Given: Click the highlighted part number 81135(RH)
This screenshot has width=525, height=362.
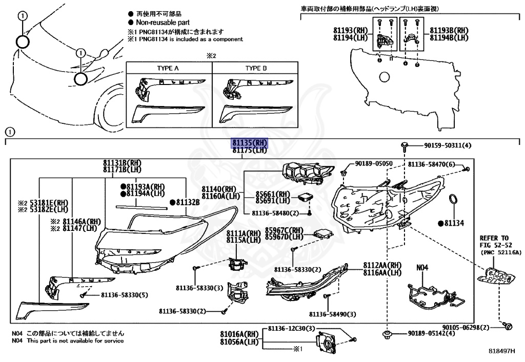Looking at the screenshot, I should tap(250, 143).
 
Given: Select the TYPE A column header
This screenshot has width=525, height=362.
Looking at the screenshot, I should tap(169, 68).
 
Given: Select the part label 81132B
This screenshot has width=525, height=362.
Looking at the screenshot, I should tap(187, 202).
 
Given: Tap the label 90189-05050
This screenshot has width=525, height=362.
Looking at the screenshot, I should tap(374, 164).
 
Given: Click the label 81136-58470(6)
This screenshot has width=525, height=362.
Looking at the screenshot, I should tap(432, 164).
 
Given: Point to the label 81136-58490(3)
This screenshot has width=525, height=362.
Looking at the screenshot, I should tap(332, 314).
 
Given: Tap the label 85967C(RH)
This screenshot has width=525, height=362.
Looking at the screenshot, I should tap(284, 230).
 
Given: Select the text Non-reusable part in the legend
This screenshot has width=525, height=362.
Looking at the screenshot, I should tap(163, 23).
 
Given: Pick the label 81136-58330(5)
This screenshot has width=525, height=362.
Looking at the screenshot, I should tap(124, 295).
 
